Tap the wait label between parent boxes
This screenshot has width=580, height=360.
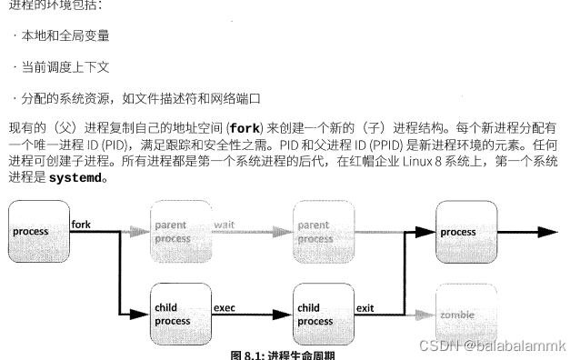pyautogui.click(x=225, y=224)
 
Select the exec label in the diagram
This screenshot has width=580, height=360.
pyautogui.click(x=225, y=307)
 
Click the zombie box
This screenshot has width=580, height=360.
pyautogui.click(x=467, y=314)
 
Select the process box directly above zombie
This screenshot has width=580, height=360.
pyautogui.click(x=467, y=232)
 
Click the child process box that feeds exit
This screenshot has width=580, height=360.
pyautogui.click(x=323, y=315)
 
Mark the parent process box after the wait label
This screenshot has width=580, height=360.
pyautogui.click(x=323, y=231)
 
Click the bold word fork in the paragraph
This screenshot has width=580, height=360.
pyautogui.click(x=245, y=127)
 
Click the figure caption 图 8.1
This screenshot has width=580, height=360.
pyautogui.click(x=283, y=354)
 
